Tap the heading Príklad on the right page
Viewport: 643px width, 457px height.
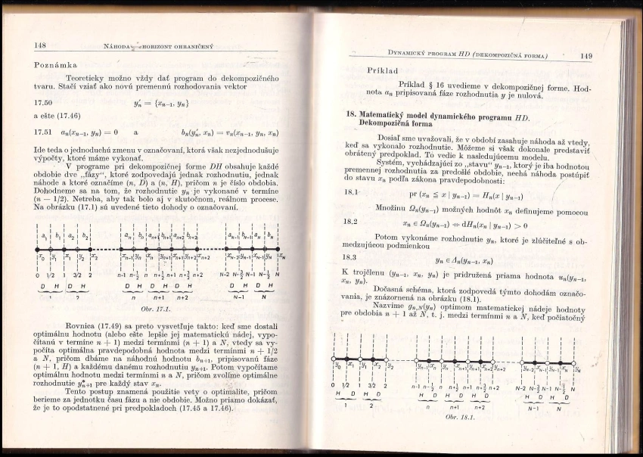tap(383, 70)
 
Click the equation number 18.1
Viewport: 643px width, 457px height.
tap(350, 194)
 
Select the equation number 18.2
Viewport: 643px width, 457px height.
tap(350, 223)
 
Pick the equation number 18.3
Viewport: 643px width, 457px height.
tap(349, 258)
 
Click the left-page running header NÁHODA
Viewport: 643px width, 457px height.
tap(120, 47)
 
